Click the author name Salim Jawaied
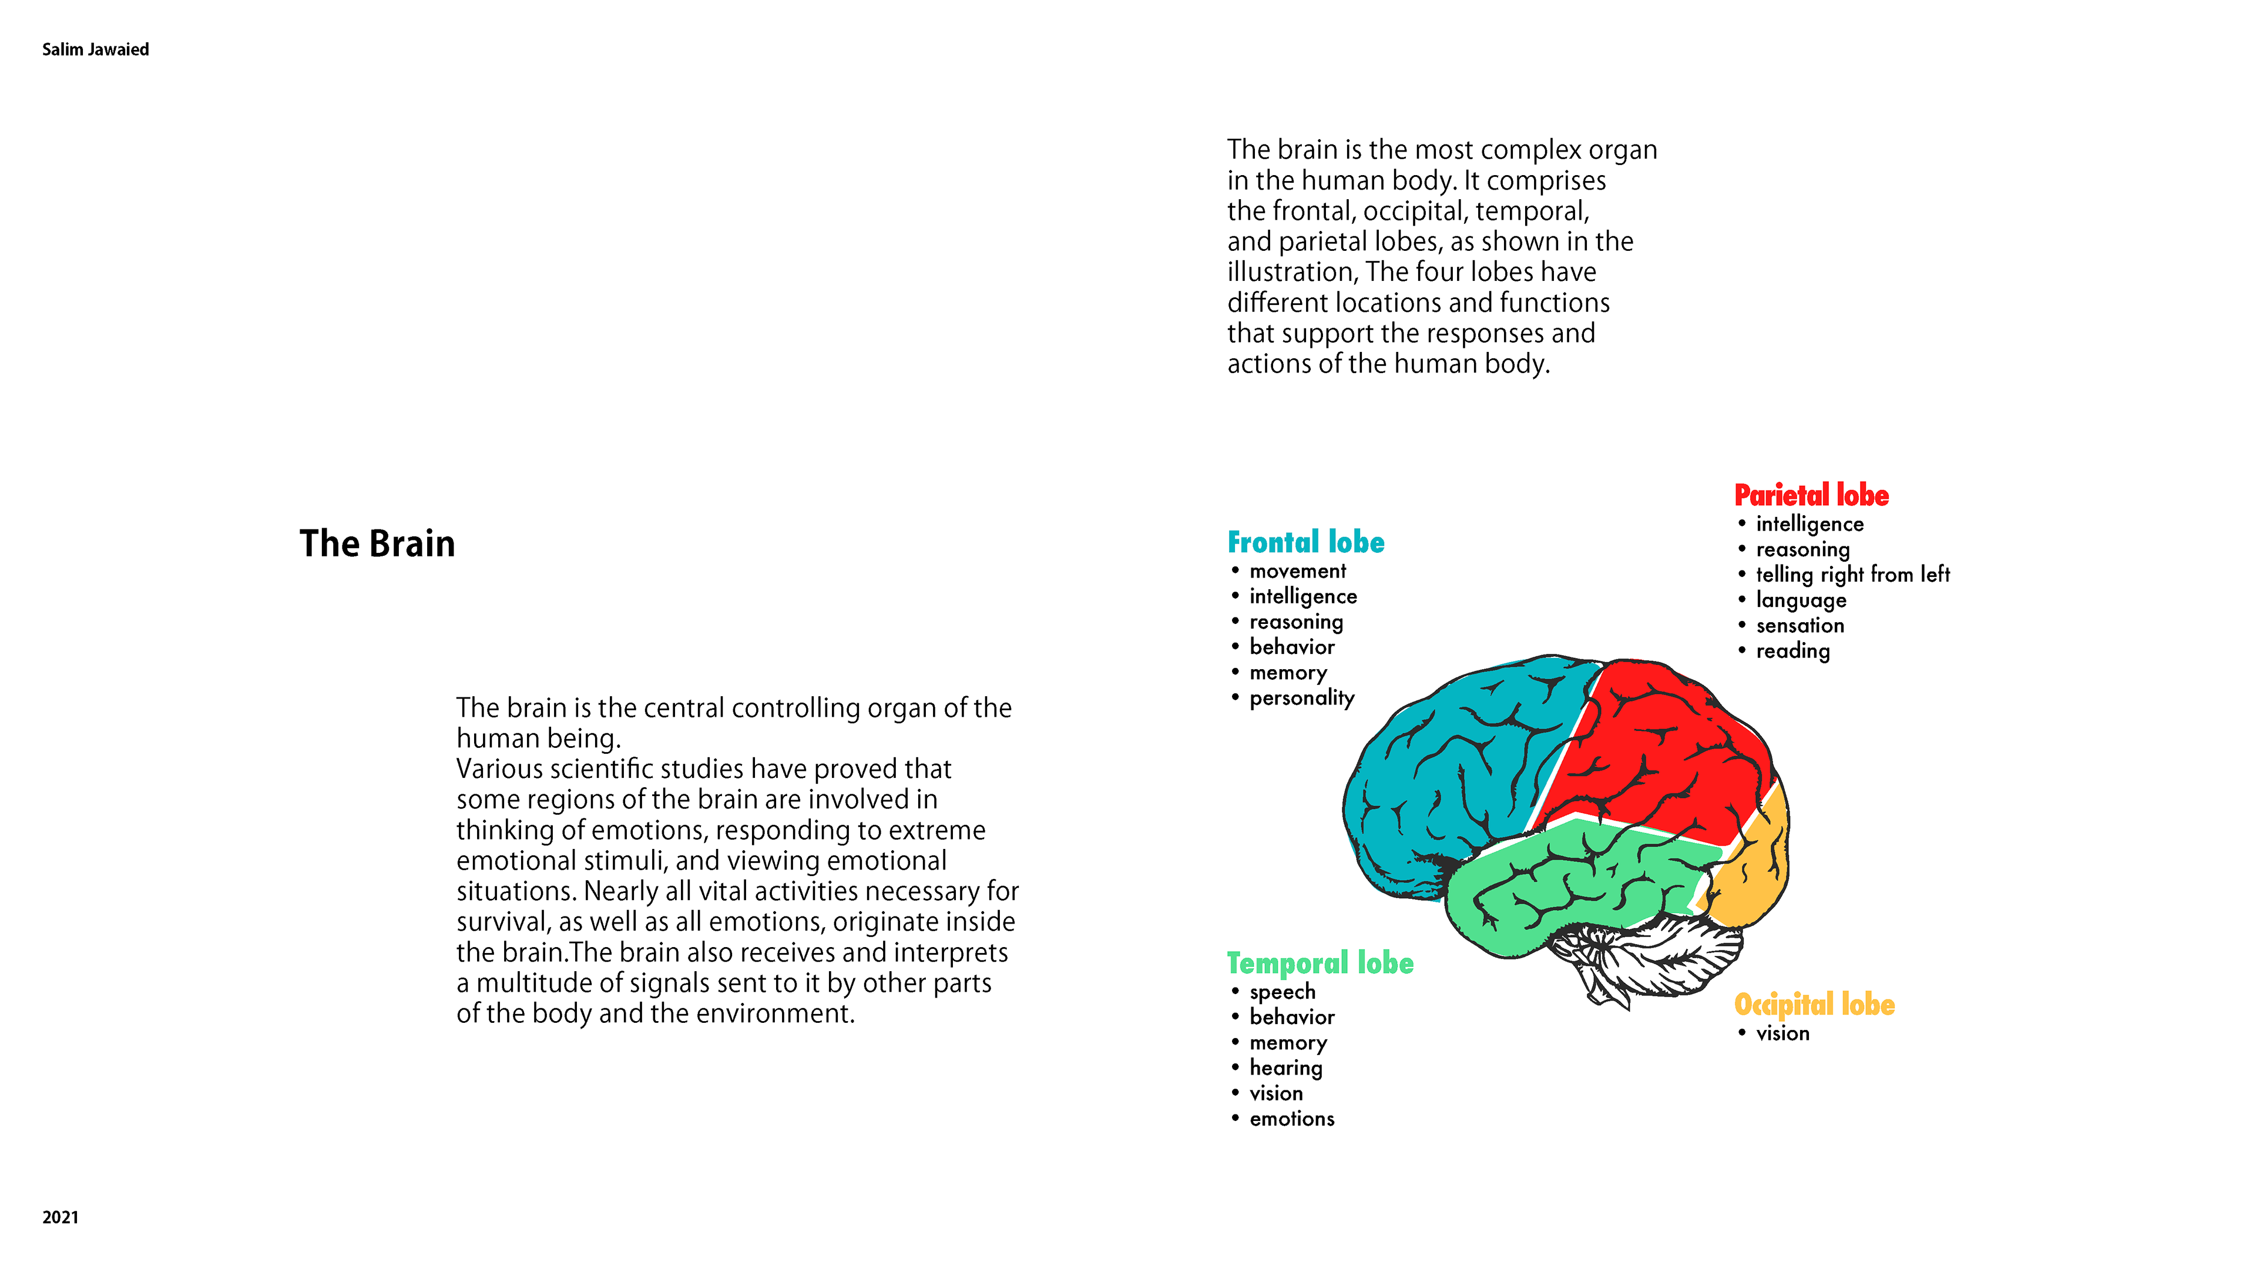click(95, 49)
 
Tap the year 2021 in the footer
click(61, 1217)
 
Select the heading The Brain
click(377, 544)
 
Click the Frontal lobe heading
click(1306, 543)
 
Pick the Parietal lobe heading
click(1811, 496)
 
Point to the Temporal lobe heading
click(1320, 963)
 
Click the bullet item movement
click(1297, 572)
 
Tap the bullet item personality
click(1301, 698)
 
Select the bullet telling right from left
click(1852, 575)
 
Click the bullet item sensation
click(1800, 625)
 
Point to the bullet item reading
click(1792, 651)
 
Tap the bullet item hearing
click(1285, 1067)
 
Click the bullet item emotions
click(1292, 1119)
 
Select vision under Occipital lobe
click(1782, 1033)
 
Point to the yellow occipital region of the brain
click(1751, 876)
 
